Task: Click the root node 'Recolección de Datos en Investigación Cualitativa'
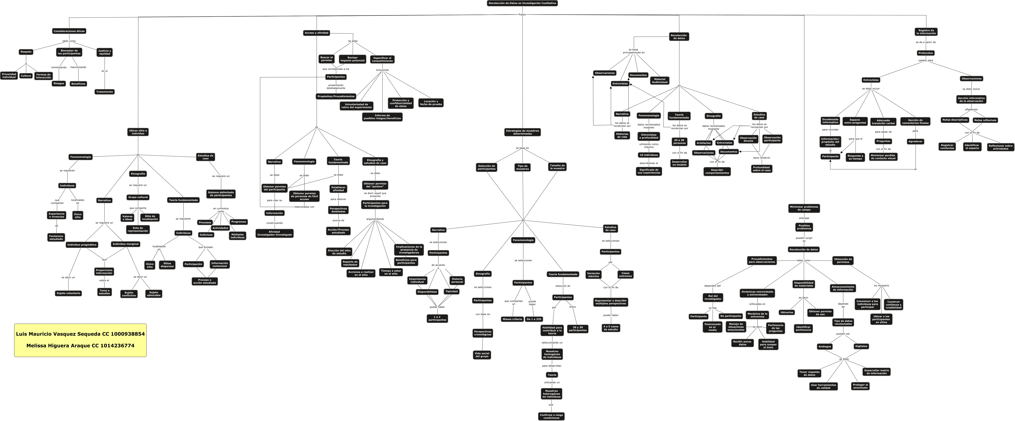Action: pyautogui.click(x=522, y=3)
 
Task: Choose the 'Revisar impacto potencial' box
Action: pyautogui.click(x=352, y=59)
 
